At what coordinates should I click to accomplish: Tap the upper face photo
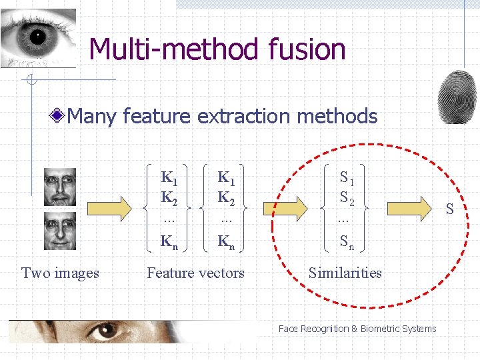(x=60, y=187)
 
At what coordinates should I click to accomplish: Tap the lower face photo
(x=60, y=231)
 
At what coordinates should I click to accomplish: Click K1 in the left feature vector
(x=169, y=177)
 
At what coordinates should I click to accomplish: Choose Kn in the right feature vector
(x=227, y=241)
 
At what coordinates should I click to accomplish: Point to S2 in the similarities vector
(x=347, y=197)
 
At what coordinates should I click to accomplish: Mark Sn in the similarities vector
(x=347, y=243)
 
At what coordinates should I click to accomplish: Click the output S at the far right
(x=449, y=210)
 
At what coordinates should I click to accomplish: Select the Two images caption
(x=60, y=273)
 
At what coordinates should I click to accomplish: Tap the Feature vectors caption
(x=195, y=273)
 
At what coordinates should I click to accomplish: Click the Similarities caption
(x=345, y=273)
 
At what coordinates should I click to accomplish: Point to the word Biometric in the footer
(x=382, y=329)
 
